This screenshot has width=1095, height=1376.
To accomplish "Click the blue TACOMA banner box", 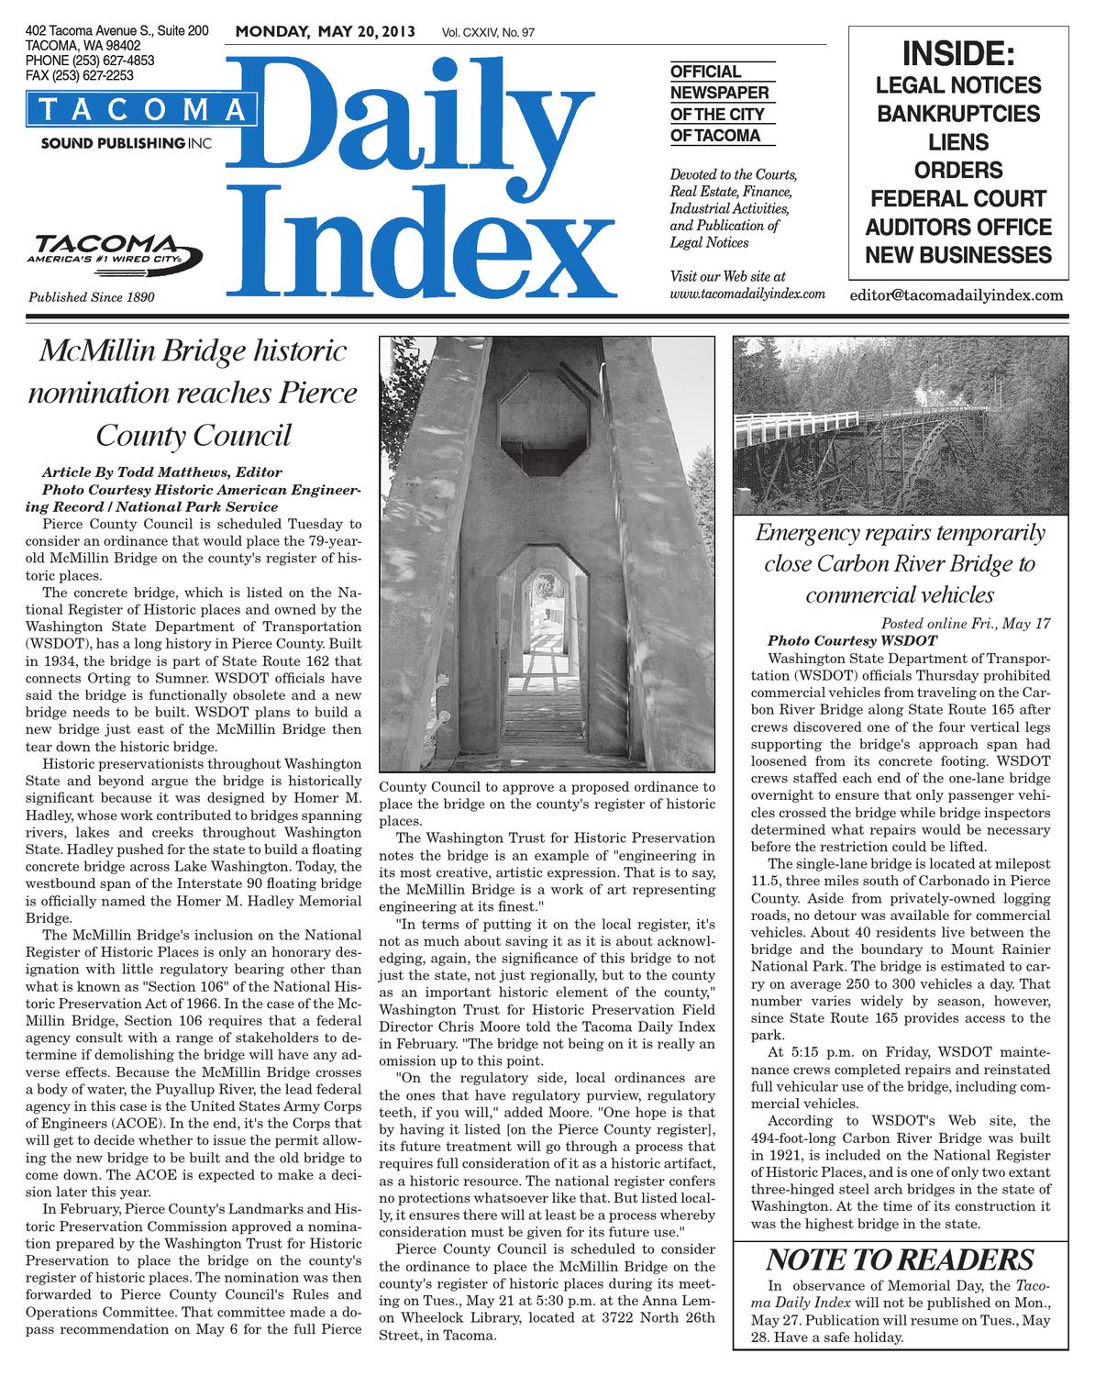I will coord(140,110).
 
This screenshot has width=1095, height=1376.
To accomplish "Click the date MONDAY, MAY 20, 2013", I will coord(325,33).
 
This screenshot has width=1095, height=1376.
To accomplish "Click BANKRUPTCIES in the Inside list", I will coord(958,114).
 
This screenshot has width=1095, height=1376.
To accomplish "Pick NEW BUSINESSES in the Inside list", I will coord(958,254).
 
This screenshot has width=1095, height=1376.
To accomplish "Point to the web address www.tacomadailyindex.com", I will coord(748,294).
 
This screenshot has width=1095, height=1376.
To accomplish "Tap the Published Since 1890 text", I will coord(92,297).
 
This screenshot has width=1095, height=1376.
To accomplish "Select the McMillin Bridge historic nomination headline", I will coord(194,393).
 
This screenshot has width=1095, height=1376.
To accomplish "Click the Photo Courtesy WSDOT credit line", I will coord(852,640).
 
